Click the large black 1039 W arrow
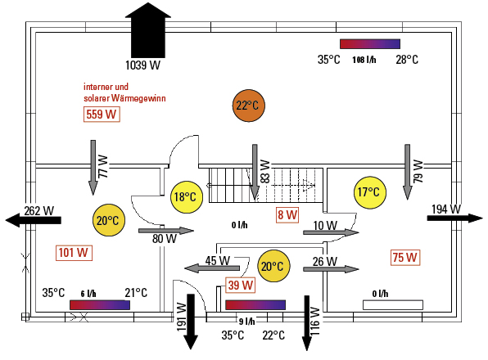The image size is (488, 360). coord(148,30)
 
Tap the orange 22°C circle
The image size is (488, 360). coord(248,106)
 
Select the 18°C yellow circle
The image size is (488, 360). coord(187,197)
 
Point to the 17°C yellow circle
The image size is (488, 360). coord(370,192)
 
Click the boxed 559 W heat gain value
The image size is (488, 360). coord(102,115)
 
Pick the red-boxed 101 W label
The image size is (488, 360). coord(74,253)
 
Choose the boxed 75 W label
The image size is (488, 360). coord(405,258)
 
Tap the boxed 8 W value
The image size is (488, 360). coord(287,215)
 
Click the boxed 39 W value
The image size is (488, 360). coord(240,285)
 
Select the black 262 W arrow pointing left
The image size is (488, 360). coord(34,220)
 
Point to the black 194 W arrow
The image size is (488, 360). coord(454,218)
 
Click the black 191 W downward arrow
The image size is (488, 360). coord(191,322)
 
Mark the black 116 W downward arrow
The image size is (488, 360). coord(307,322)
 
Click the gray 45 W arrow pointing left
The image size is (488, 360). coord(212,268)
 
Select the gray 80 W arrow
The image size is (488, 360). coord(166,231)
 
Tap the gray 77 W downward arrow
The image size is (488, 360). coord(93,168)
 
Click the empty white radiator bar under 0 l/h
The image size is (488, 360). coord(393,305)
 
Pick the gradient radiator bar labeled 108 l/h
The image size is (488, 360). coord(370,44)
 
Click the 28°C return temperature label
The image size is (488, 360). coord(407,60)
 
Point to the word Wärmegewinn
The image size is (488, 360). coord(138,98)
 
